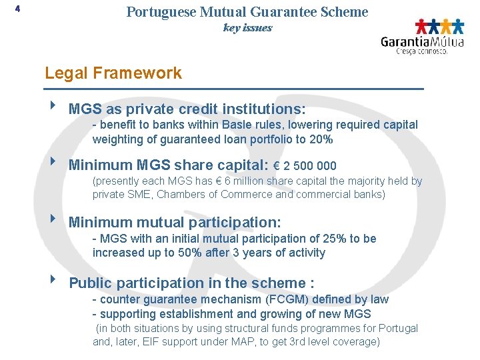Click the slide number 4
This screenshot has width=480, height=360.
pos(17,9)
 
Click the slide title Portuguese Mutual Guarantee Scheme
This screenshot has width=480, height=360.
pos(247,12)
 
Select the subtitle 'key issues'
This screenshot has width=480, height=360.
pos(247,28)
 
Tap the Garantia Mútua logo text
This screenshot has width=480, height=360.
pos(421,41)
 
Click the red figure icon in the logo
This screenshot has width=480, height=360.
pos(421,26)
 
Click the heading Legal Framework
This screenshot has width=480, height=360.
pos(113,73)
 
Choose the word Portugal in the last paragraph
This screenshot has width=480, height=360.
pos(397,328)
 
